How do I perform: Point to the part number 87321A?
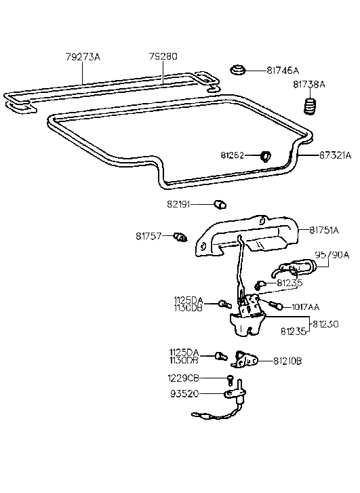335,155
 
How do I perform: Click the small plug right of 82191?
220,203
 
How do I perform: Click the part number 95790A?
332,255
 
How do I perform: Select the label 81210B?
288,361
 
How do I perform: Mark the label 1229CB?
184,378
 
